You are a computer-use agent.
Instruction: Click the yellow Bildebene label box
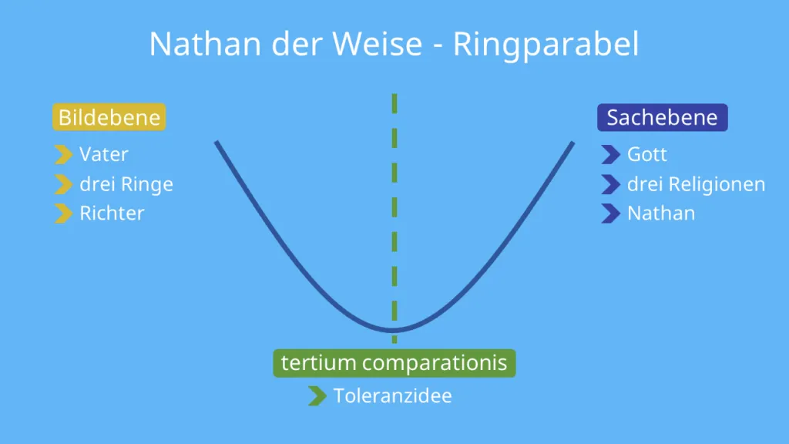[109, 118]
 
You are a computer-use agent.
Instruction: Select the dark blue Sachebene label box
[662, 118]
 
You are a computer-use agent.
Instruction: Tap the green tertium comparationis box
[394, 363]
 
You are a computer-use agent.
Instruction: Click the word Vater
[104, 154]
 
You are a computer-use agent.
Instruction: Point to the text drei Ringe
[126, 184]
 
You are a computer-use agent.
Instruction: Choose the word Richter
[112, 213]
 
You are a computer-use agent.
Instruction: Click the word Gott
[647, 154]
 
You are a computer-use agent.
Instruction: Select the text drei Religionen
[696, 184]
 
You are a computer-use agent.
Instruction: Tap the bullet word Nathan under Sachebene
[661, 213]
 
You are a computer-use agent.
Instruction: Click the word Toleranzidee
[392, 396]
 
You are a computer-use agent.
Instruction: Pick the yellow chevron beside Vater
[63, 155]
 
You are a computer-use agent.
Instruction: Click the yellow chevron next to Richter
[63, 214]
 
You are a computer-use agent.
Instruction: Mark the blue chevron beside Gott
[610, 155]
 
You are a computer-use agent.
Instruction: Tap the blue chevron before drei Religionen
[610, 185]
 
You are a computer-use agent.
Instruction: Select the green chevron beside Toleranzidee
[316, 396]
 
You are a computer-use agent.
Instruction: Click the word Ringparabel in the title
[546, 45]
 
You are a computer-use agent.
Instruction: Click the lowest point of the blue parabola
[394, 330]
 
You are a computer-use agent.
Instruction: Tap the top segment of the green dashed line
[394, 103]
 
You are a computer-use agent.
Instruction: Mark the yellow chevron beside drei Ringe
[63, 185]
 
